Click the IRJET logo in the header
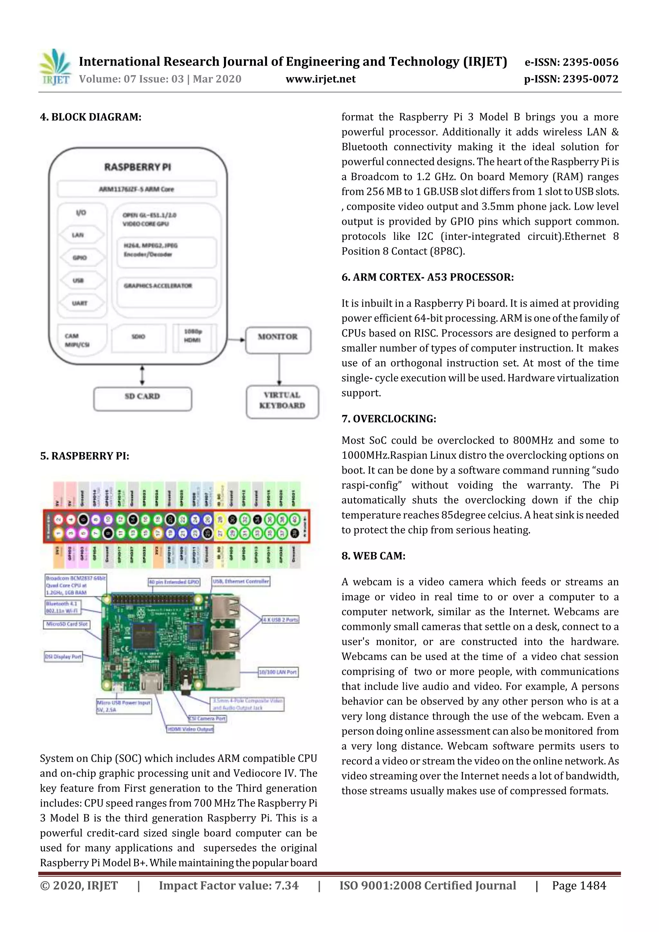point(56,67)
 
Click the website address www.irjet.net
point(320,79)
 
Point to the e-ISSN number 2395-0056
point(571,62)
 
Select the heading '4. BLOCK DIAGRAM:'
point(90,117)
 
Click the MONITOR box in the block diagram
point(278,337)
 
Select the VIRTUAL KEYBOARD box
point(282,401)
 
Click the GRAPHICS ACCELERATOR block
point(166,292)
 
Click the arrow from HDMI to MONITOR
point(236,340)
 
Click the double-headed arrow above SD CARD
point(142,375)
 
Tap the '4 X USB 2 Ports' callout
point(280,620)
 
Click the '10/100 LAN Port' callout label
point(278,672)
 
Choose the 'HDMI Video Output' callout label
point(190,729)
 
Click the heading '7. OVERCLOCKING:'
point(389,419)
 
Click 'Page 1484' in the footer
point(579,885)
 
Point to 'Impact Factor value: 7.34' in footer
point(228,885)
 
